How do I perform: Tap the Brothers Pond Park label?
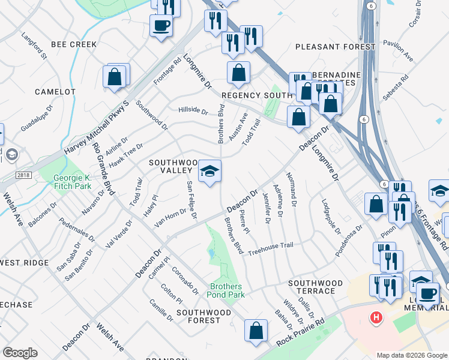[x=227, y=290]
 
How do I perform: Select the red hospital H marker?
[x=376, y=317]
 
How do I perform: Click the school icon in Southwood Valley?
[x=209, y=172]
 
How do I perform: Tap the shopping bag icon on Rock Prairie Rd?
[x=256, y=331]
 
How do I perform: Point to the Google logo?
[x=20, y=353]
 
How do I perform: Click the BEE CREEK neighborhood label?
[x=74, y=44]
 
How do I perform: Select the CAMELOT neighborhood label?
[x=55, y=92]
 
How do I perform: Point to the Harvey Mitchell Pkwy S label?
[x=96, y=128]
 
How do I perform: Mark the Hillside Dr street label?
[x=193, y=111]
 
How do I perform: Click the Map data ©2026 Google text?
[x=411, y=355]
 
